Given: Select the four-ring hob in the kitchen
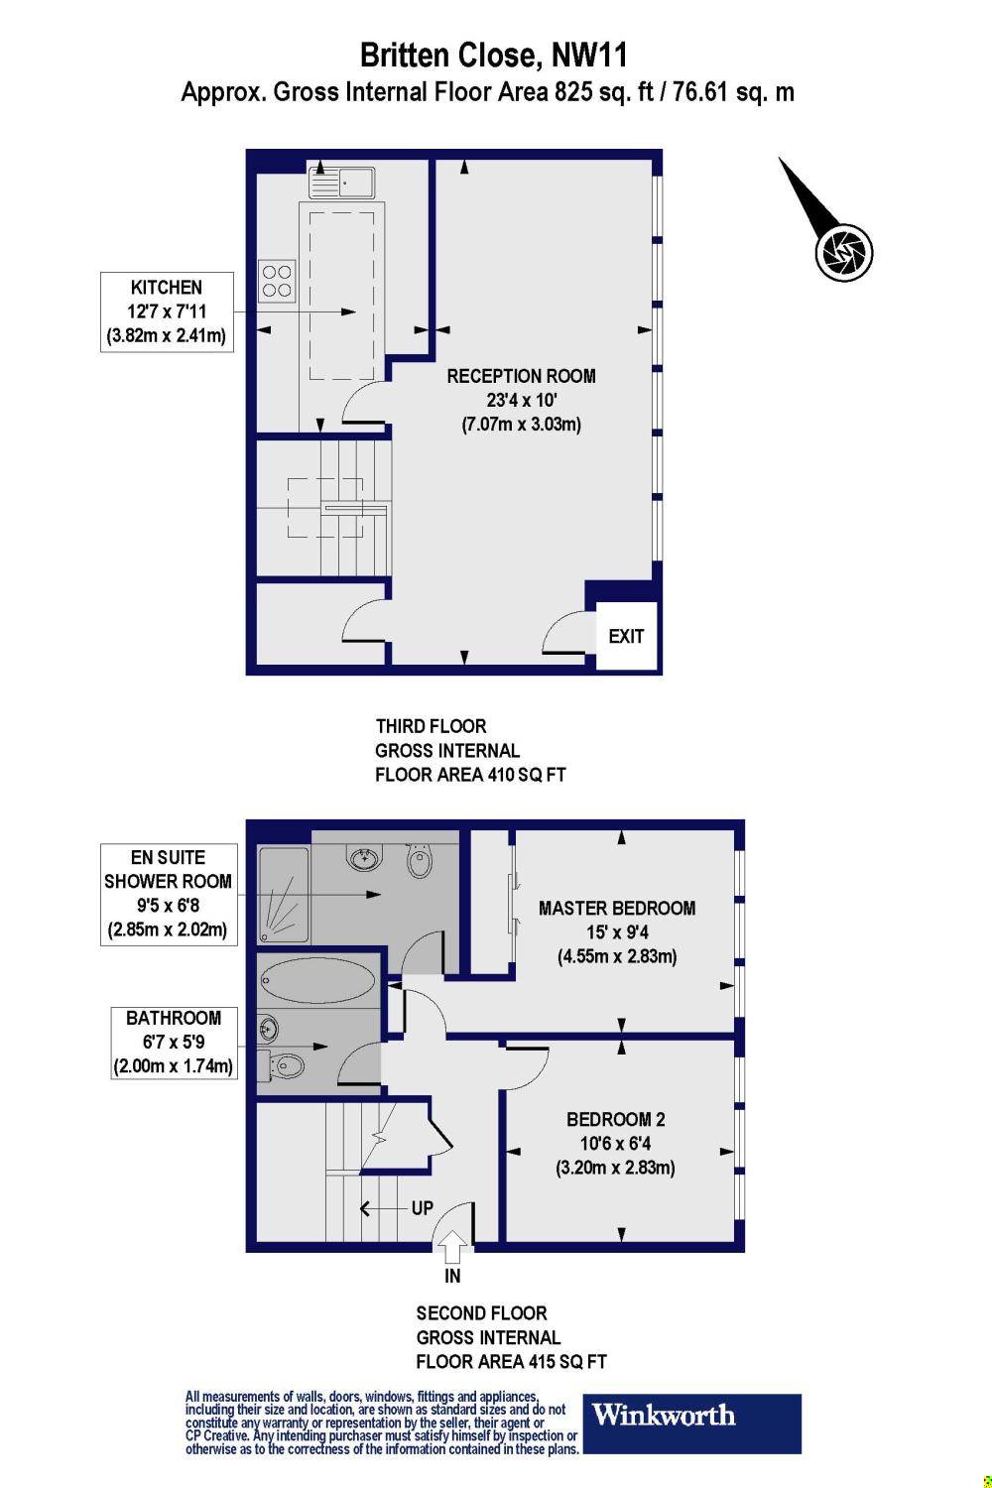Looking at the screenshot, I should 277,279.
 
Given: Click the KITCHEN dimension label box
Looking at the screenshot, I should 167,311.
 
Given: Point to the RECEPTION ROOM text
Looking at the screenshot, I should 521,376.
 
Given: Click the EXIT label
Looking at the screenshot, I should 626,636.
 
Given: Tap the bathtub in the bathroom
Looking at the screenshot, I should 318,981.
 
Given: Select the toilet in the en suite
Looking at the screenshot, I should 420,860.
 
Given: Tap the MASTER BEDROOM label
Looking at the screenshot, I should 616,908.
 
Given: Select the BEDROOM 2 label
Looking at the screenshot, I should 615,1119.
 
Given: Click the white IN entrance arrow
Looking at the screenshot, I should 452,1245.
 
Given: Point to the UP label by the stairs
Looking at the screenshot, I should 422,1208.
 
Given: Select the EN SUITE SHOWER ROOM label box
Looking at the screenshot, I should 168,894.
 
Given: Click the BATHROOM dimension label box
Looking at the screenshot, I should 173,1042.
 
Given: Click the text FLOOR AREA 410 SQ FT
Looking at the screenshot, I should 469,775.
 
